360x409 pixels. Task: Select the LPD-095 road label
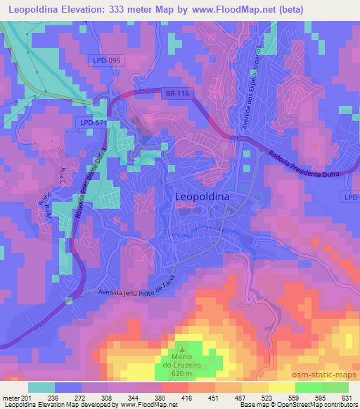(x=108, y=61)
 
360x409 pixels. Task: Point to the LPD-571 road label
(x=91, y=122)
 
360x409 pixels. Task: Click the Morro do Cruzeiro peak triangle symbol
(x=182, y=346)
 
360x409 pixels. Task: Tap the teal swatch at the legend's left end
(x=41, y=387)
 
